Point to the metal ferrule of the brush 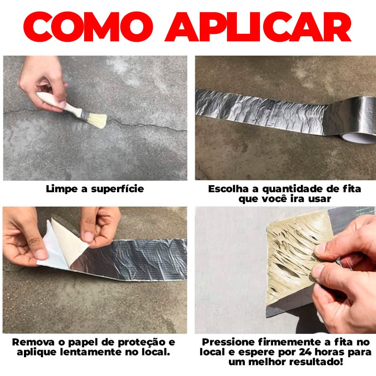(84, 113)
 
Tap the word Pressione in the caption (226, 342)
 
